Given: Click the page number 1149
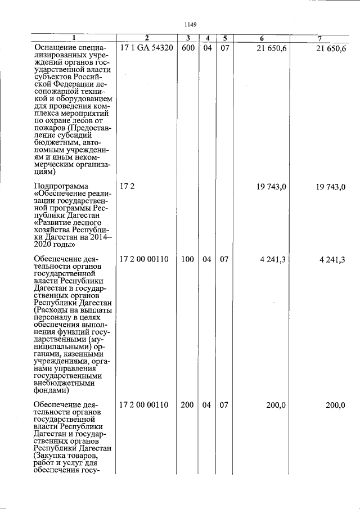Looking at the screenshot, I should [x=190, y=24].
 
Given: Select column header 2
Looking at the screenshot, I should [x=146, y=38].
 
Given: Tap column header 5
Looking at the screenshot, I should [x=224, y=38].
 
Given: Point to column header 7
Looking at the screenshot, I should [x=319, y=38].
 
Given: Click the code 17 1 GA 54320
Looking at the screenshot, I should [x=146, y=48].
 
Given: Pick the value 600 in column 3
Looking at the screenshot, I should [x=188, y=48].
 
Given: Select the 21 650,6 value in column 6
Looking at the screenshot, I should [x=272, y=49].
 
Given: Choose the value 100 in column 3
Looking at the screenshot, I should [x=188, y=259].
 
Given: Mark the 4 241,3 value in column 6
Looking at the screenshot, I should [x=274, y=259].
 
